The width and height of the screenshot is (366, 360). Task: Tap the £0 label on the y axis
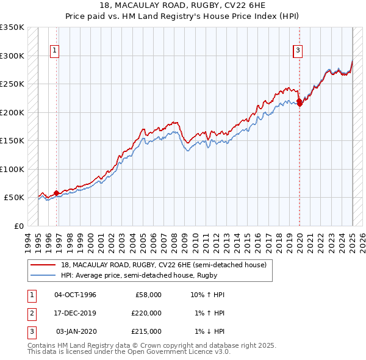coord(18,226)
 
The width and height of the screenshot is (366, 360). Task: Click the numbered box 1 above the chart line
coord(55,51)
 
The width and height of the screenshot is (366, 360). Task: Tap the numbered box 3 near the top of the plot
coord(298,51)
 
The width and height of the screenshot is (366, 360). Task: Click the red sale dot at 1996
coord(56,193)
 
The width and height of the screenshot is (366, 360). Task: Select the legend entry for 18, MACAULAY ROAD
coord(163,265)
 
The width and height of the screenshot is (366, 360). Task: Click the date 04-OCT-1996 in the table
coord(75,295)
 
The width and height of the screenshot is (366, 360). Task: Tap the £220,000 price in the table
coord(146,313)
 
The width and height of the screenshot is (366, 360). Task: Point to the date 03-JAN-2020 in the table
coord(76,331)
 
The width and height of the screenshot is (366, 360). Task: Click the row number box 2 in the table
coord(31,313)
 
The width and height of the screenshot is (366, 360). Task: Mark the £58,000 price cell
coord(148,295)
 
